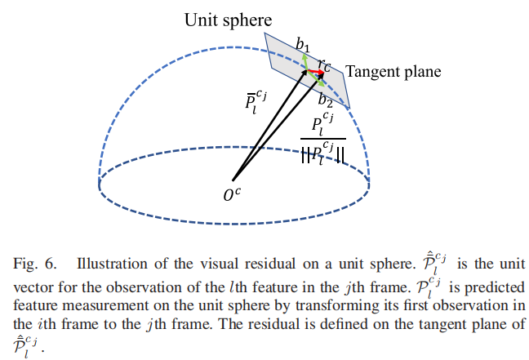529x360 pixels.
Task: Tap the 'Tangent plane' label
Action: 393,72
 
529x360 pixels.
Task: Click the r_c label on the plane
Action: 325,64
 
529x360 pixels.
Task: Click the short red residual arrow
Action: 314,73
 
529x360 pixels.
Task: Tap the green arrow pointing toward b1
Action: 305,63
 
